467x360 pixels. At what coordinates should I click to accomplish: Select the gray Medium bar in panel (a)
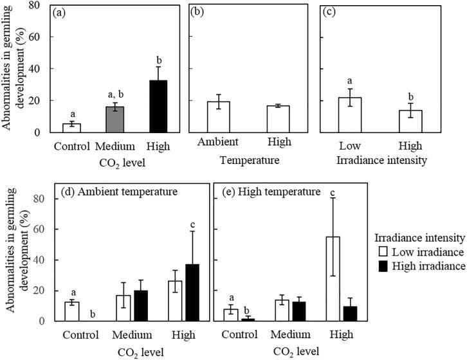pyautogui.click(x=114, y=119)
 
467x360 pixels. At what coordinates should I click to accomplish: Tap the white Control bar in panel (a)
pyautogui.click(x=75, y=128)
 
